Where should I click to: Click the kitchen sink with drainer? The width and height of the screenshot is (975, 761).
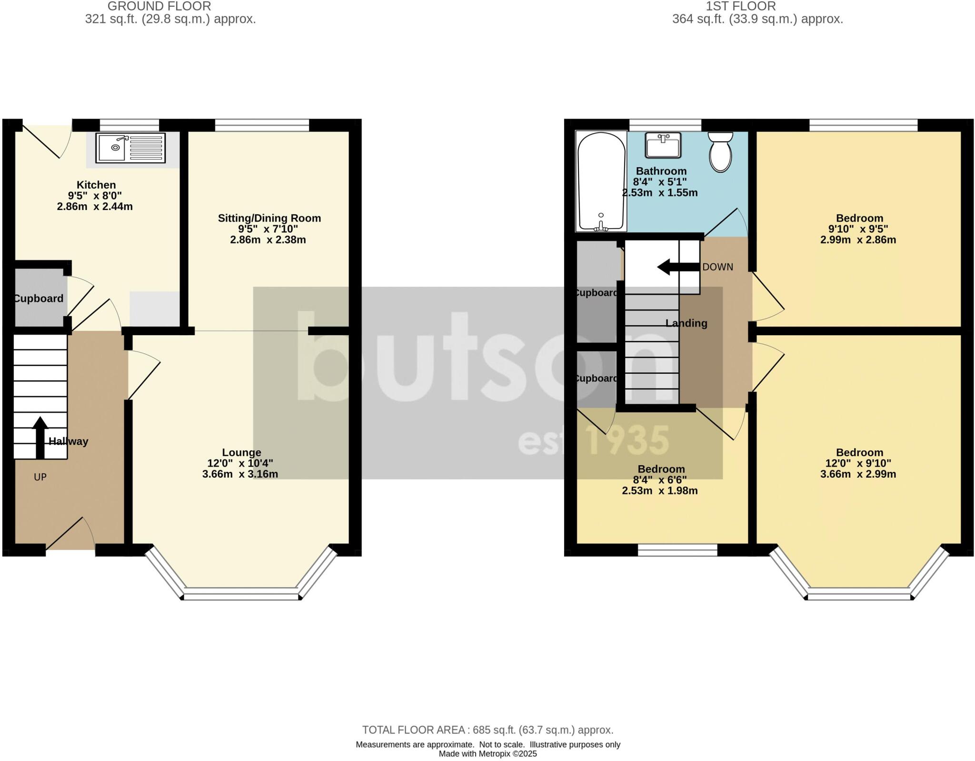tap(130, 147)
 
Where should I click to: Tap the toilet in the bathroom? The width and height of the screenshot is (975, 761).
tap(720, 151)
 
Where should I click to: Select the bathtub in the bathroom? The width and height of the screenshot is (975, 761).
tap(601, 181)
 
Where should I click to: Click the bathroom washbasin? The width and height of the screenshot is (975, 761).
tap(663, 145)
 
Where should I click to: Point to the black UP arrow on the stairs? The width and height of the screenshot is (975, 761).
tap(40, 437)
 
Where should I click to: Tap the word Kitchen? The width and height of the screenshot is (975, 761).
tap(96, 185)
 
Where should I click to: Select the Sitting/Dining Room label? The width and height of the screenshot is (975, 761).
tap(269, 218)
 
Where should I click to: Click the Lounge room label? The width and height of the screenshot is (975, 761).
tap(241, 452)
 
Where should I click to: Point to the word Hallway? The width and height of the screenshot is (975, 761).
tap(69, 441)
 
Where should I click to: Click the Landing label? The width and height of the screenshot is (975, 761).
tap(686, 323)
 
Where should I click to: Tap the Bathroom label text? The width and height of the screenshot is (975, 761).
tap(661, 171)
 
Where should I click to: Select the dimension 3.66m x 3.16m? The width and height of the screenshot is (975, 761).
tap(240, 474)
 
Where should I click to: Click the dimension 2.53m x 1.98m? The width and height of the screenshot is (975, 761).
tap(660, 491)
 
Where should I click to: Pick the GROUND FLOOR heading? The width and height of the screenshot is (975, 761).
tap(159, 6)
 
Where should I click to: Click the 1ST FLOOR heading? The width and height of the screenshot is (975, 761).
tap(741, 6)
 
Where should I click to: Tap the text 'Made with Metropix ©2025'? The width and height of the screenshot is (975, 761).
tap(487, 754)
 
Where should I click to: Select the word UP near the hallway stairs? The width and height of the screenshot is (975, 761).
tap(40, 477)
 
